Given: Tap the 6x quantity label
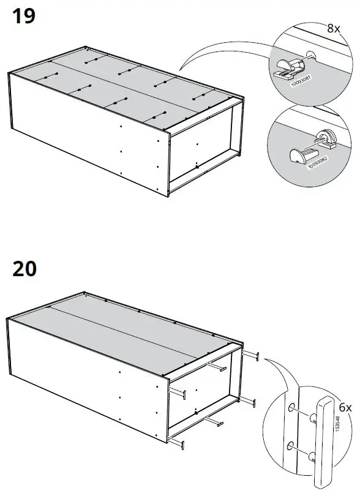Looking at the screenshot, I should (345, 407).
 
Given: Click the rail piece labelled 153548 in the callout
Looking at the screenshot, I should (325, 435).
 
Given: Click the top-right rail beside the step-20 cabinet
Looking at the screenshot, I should (251, 356).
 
